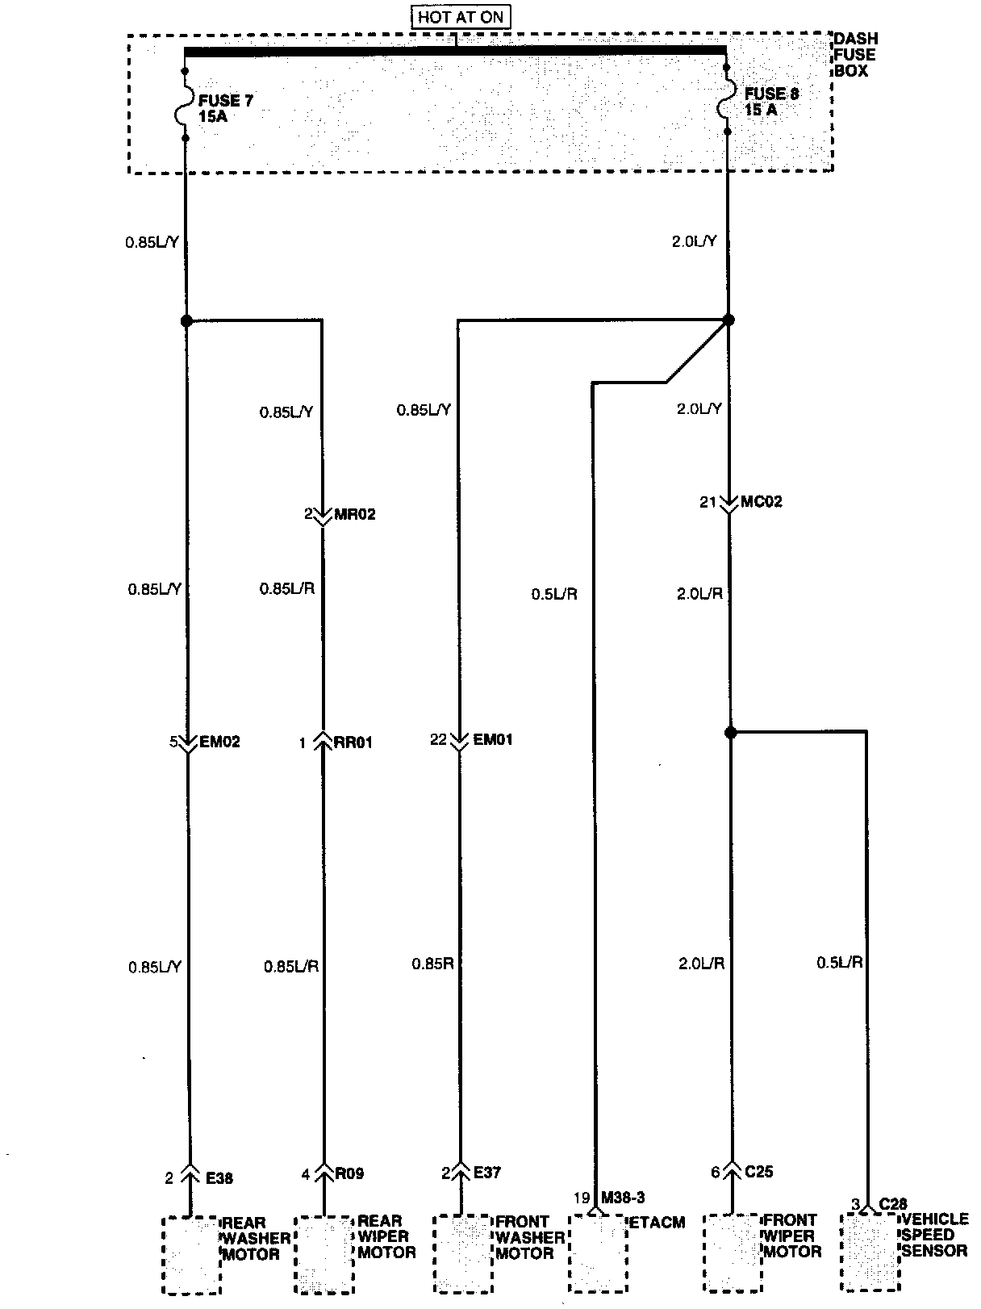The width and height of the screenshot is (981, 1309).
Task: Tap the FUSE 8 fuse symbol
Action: pyautogui.click(x=728, y=99)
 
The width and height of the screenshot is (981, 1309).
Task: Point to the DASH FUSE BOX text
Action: pyautogui.click(x=855, y=55)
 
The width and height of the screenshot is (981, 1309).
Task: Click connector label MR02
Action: pyautogui.click(x=353, y=514)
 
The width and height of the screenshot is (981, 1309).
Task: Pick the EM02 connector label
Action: pyautogui.click(x=219, y=742)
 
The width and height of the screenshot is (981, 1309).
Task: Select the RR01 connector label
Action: pyautogui.click(x=353, y=742)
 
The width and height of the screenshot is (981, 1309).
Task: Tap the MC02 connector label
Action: pyautogui.click(x=762, y=502)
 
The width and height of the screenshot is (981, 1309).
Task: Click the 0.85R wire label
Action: pyautogui.click(x=433, y=964)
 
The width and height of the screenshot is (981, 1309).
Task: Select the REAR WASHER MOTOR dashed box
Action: pyautogui.click(x=191, y=1255)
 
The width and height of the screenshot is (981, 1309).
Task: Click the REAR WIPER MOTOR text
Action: pyautogui.click(x=386, y=1236)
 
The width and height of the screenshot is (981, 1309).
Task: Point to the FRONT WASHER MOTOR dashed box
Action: pyautogui.click(x=463, y=1253)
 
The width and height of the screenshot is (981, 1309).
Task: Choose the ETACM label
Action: pyautogui.click(x=657, y=1223)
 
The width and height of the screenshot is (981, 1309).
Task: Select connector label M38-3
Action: pyautogui.click(x=623, y=1198)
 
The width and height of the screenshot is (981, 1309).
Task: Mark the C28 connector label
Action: pyautogui.click(x=893, y=1204)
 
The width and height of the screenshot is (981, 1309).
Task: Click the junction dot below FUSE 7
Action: pyautogui.click(x=186, y=320)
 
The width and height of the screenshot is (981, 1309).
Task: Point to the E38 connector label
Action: pyautogui.click(x=219, y=1178)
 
